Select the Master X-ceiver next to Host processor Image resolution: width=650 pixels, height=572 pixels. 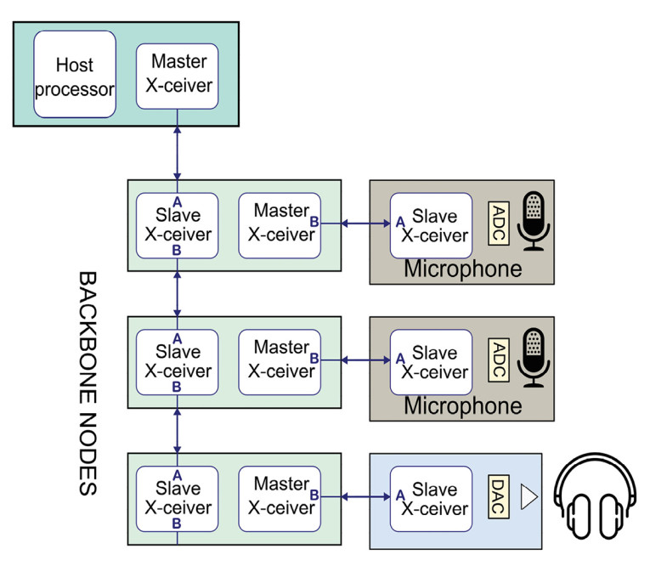[178, 76]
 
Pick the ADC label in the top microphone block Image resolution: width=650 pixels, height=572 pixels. [500, 224]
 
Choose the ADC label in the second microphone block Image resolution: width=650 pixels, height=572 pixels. [500, 360]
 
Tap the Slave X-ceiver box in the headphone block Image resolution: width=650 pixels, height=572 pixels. [431, 499]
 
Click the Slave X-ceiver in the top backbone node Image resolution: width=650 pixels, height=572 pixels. [178, 225]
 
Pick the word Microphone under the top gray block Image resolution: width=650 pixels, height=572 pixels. [462, 269]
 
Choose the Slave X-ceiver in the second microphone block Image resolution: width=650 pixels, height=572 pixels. [431, 361]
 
